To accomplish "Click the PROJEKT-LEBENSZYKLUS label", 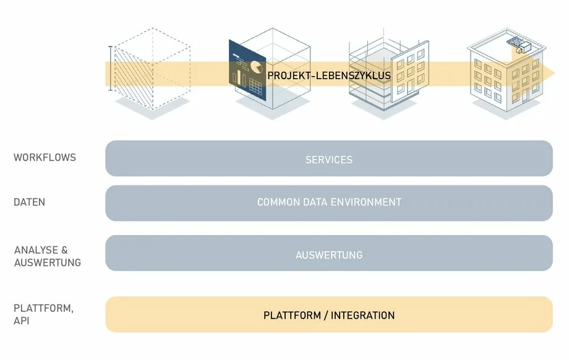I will pyautogui.click(x=329, y=75).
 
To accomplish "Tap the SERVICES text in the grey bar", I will pyautogui.click(x=329, y=160).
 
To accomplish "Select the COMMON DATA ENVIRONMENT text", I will pyautogui.click(x=329, y=202).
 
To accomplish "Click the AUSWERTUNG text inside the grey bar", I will pyautogui.click(x=329, y=255).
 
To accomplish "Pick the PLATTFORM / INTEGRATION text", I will pyautogui.click(x=329, y=315).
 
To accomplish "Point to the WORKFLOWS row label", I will pyautogui.click(x=45, y=158).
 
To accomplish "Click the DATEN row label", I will pyautogui.click(x=29, y=202).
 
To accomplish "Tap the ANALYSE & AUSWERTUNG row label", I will pyautogui.click(x=48, y=256).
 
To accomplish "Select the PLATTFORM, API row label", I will pyautogui.click(x=43, y=315).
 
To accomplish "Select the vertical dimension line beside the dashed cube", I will pyautogui.click(x=111, y=69).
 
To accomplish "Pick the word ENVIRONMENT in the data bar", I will pyautogui.click(x=367, y=202).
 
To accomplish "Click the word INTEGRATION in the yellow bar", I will pyautogui.click(x=362, y=315).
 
